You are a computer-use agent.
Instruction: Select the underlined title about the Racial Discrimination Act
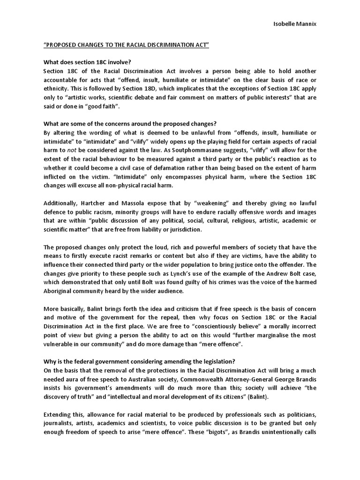pos(126,45)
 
